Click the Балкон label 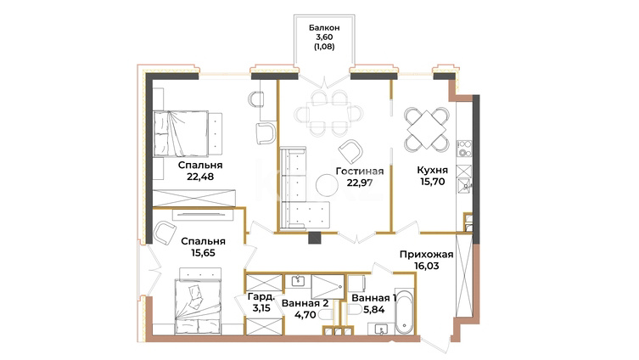[x=324, y=28]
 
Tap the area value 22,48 [x=200, y=177]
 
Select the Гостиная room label [x=360, y=172]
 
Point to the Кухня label [x=432, y=170]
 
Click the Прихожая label [x=426, y=255]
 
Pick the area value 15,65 [x=203, y=253]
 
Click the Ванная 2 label [x=305, y=304]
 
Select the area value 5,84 [x=373, y=310]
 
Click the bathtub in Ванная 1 [x=404, y=311]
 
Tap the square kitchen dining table [x=427, y=130]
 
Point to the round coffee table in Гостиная [x=327, y=185]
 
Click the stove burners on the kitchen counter [x=464, y=149]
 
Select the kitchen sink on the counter [x=464, y=185]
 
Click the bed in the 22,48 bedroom [x=188, y=133]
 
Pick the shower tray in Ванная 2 [x=328, y=287]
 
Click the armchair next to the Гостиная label [x=350, y=152]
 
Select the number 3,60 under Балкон [x=324, y=37]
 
